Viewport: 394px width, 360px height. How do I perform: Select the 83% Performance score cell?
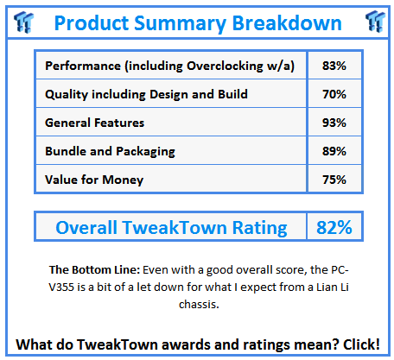[334, 66]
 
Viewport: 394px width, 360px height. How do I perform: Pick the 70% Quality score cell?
[334, 94]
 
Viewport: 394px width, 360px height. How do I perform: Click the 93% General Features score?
[334, 123]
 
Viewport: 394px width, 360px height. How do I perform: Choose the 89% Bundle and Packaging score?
[334, 150]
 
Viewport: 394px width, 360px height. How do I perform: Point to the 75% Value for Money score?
[334, 179]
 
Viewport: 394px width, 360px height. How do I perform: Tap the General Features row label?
[95, 123]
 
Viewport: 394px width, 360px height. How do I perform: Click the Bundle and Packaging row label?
[110, 150]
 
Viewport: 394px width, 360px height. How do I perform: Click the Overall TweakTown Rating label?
[171, 228]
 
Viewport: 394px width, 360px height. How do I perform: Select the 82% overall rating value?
[334, 228]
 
